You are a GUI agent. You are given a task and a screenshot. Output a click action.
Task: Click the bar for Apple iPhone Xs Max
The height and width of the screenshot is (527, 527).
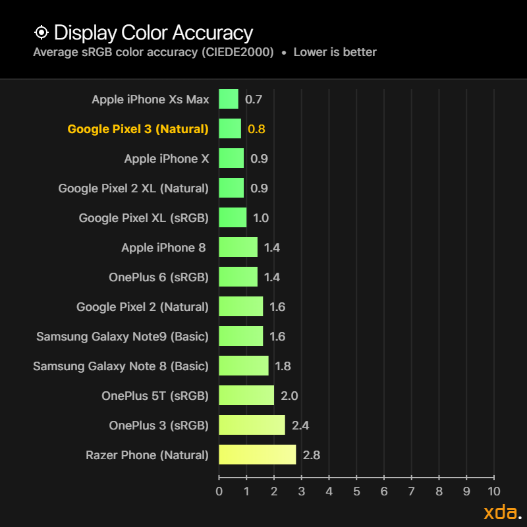point(229,99)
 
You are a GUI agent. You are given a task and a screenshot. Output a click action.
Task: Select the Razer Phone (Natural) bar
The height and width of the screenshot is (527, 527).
point(257,455)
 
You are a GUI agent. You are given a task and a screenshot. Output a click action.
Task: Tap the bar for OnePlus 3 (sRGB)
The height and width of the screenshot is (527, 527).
point(252,425)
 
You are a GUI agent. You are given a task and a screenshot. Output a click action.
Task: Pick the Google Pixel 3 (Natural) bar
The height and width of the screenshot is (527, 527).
point(230,128)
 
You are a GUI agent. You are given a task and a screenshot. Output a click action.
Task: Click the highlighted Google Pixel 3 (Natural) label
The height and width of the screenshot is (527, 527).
point(138,129)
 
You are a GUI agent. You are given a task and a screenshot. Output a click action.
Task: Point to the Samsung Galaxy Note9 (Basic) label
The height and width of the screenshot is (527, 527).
point(123,337)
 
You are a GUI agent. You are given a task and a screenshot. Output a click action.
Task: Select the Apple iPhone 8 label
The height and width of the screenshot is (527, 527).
point(163,248)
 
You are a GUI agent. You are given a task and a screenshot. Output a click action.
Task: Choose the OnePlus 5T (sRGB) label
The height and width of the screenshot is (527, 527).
point(155,396)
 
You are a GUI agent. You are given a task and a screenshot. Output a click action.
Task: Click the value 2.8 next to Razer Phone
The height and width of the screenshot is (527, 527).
point(311,455)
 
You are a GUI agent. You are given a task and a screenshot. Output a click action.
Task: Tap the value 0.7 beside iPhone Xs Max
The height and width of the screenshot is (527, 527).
point(254,99)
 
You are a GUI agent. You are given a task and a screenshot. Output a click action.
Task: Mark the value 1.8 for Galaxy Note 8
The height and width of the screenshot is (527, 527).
point(283,366)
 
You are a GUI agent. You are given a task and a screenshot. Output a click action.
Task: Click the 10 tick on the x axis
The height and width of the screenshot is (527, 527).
point(493,491)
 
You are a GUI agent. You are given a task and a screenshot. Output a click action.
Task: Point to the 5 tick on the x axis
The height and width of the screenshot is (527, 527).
point(356,491)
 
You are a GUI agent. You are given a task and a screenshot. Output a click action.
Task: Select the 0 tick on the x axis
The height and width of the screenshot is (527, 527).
point(219,491)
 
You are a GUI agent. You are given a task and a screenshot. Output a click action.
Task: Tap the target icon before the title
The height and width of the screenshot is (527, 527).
point(42,32)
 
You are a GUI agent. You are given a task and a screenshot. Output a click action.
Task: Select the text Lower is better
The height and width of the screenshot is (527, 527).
point(335,52)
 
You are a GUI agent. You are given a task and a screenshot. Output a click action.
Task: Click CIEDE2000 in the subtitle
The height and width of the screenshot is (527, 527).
point(238,52)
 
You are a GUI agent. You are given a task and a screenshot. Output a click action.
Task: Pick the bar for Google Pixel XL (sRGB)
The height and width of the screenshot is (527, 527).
point(233,217)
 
